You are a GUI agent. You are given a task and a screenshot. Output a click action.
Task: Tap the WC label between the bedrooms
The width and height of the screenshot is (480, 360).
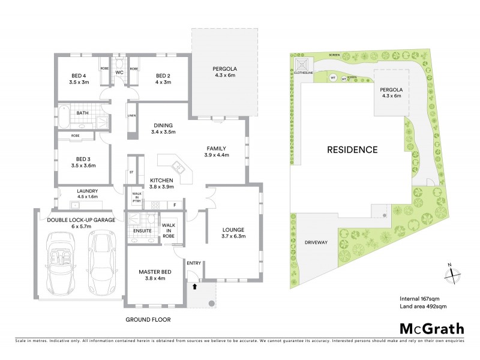(x=119, y=73)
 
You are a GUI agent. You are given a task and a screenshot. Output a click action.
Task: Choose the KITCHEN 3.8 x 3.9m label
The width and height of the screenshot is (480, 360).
(x=161, y=184)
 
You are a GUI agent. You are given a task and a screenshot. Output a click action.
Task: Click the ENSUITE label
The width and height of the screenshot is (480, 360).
(x=142, y=230)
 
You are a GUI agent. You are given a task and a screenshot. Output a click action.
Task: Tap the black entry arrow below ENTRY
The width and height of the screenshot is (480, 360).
(x=193, y=287)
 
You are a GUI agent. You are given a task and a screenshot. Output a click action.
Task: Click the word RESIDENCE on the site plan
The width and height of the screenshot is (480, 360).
(x=352, y=150)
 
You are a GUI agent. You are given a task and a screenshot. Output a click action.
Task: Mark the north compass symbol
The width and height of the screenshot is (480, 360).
(x=451, y=274)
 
